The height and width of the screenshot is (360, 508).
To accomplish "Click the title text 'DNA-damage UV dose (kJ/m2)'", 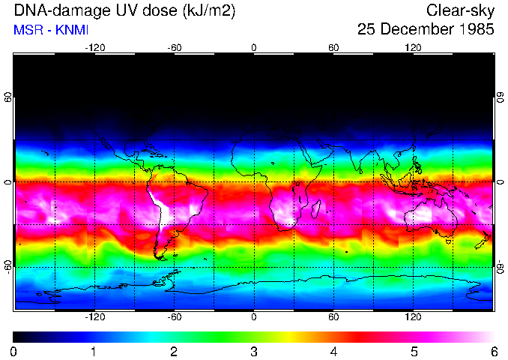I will [112, 11].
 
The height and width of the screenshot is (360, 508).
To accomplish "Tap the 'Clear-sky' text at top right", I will [460, 11].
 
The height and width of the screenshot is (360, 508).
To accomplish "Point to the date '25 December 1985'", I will [426, 31].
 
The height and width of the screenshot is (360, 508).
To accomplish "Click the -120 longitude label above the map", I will [94, 47].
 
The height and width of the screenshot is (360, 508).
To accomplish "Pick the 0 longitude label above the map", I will [254, 47].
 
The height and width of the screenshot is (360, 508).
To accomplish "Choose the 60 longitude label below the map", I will [333, 317].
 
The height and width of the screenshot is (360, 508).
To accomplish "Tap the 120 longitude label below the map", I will [413, 317].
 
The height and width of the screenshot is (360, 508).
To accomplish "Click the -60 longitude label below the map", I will [174, 317].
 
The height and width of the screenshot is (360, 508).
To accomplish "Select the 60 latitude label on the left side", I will [8, 97].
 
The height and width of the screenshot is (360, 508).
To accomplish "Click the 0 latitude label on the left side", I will [8, 182].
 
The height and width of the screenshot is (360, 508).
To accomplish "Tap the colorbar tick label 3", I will [253, 351].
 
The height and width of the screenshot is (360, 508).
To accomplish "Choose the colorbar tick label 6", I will [493, 351].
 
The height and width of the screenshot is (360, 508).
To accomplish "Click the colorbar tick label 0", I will [13, 351].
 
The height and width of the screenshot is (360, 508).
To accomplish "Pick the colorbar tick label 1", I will [94, 351].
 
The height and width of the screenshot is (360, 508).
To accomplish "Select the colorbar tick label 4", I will [333, 351].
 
